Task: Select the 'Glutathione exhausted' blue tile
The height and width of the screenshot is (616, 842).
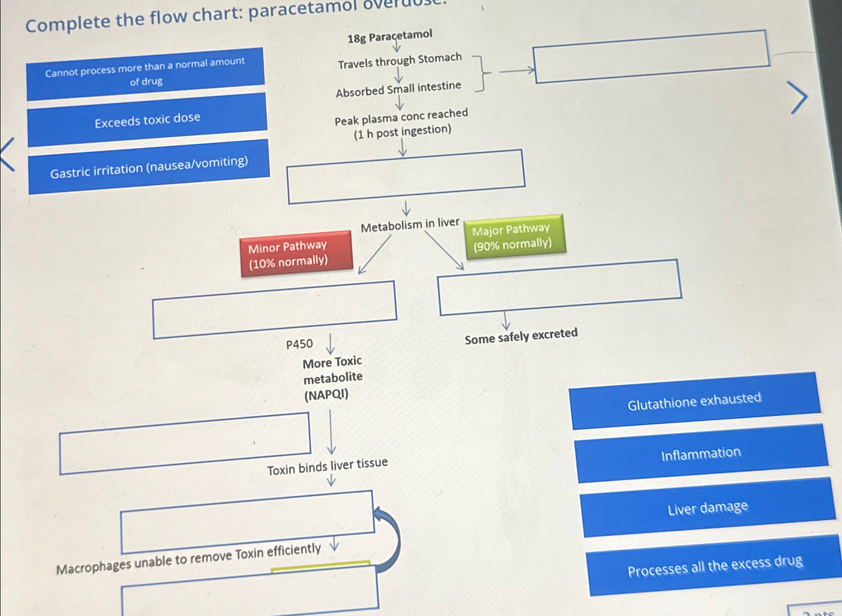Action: tap(694, 401)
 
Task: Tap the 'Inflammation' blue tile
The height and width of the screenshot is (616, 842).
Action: tap(701, 454)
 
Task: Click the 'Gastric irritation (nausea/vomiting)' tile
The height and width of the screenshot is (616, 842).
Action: tap(149, 167)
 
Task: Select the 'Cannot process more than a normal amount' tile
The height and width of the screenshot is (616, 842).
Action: tap(145, 73)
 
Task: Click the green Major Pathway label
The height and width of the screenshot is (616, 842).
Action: tap(514, 236)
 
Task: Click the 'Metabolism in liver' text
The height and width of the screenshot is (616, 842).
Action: tap(410, 225)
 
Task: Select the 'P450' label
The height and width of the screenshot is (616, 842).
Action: tap(299, 344)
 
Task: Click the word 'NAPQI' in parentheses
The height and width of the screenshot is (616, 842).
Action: tap(326, 394)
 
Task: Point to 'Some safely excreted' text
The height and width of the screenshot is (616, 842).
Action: tap(521, 336)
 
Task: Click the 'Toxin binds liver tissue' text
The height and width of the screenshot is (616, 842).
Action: tap(327, 466)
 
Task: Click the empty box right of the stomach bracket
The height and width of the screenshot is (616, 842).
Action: tap(652, 56)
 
